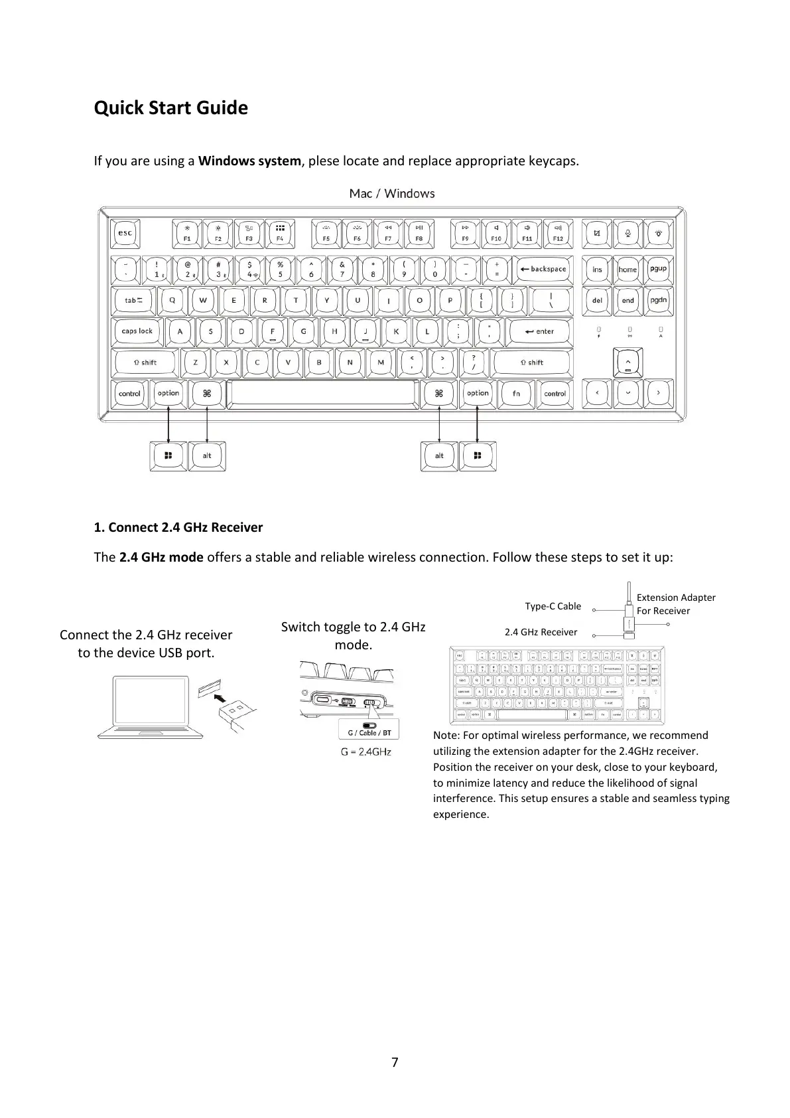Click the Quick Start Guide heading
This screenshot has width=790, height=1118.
pos(170,108)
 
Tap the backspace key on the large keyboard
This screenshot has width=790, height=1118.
pos(543,269)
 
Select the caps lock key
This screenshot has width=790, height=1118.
pos(137,331)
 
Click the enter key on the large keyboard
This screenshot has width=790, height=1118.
pos(539,331)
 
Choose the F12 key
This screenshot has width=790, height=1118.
pos(558,233)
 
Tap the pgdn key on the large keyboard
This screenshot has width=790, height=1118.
pos(659,300)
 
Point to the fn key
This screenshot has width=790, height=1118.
pos(516,393)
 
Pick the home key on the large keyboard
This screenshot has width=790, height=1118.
pos(627,269)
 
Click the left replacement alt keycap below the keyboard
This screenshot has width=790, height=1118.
pos(207,455)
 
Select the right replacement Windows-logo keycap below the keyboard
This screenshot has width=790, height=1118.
pos(478,455)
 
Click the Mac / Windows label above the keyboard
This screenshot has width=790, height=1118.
pos(392,193)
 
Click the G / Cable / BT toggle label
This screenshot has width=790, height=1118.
pos(369,732)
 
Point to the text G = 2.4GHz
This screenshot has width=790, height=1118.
pos(365,752)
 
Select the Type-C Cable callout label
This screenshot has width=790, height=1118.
pos(553,606)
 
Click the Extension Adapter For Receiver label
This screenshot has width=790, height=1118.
pos(675,604)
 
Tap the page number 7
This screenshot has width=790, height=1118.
pos(395,1062)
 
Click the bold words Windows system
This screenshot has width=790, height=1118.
pos(249,161)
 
